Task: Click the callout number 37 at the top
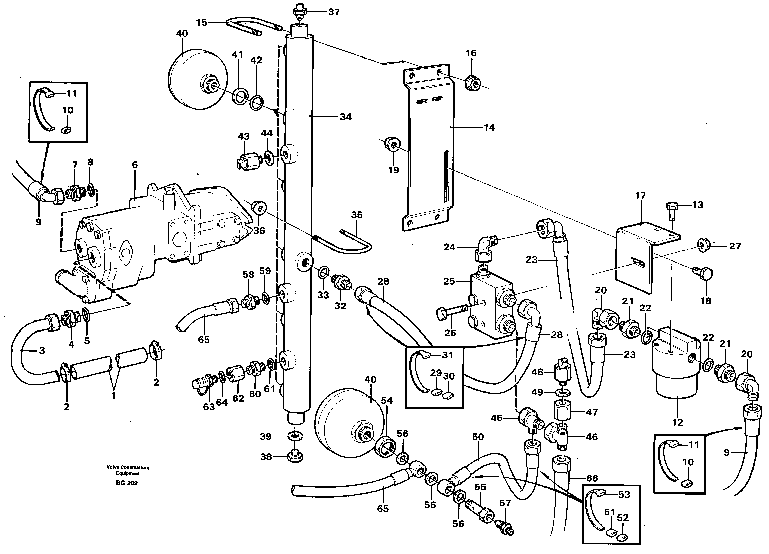point(334,12)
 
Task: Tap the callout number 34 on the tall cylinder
point(346,117)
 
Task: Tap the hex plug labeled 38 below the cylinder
point(295,457)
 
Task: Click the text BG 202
point(127,483)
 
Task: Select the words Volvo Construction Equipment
point(128,470)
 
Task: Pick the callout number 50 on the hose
point(478,437)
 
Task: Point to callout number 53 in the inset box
point(624,495)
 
